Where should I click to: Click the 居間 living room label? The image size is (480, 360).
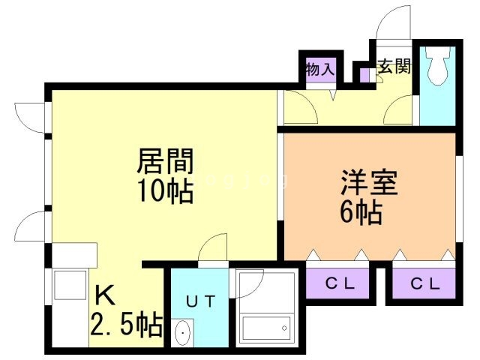tap(165, 160)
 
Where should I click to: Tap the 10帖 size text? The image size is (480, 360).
tap(165, 191)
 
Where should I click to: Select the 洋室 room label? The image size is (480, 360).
tap(369, 183)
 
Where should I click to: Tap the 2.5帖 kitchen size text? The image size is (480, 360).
tap(126, 325)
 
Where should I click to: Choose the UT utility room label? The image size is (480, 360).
tap(200, 301)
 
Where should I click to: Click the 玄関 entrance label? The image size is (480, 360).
tap(394, 67)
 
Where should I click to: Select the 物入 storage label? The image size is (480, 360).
tap(319, 69)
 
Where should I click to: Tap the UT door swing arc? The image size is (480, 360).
tap(214, 248)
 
